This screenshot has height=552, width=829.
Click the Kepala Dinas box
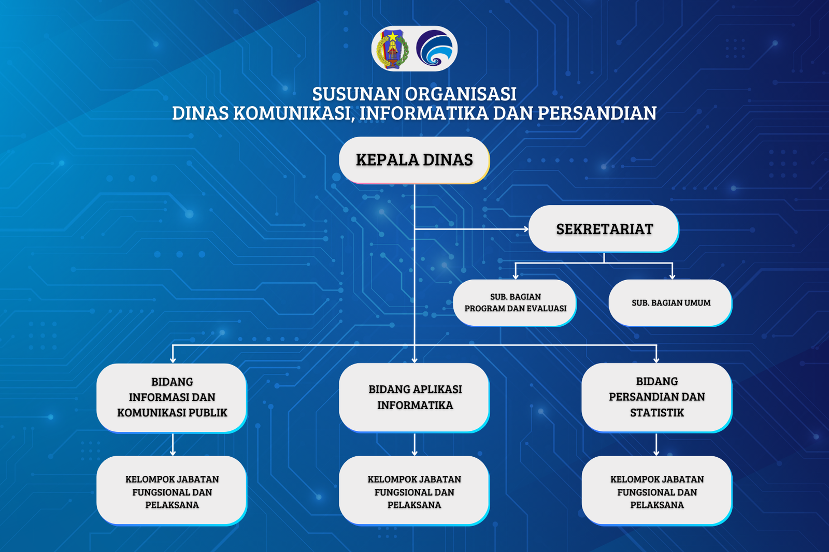[414, 160]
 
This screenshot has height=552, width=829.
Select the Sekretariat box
[604, 229]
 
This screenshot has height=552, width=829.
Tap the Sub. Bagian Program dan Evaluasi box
[515, 302]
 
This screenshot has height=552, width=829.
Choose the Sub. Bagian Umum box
[670, 302]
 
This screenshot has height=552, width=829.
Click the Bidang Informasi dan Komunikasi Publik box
[171, 398]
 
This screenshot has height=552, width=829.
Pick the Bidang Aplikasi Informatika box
[414, 397]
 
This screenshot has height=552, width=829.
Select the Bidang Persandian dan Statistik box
[657, 397]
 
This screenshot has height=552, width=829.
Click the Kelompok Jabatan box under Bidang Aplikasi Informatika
[414, 490]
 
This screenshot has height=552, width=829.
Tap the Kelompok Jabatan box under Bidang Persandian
[657, 490]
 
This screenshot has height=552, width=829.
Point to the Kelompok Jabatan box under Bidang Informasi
[171, 490]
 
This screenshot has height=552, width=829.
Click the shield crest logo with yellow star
[393, 49]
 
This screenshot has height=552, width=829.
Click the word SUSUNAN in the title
[356, 94]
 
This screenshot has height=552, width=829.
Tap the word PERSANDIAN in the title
[597, 113]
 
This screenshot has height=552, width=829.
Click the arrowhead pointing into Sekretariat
[526, 229]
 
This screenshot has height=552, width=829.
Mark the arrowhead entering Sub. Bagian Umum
[672, 277]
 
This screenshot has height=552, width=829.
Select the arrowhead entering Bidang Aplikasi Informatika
[414, 360]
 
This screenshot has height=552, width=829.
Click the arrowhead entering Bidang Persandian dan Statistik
[656, 360]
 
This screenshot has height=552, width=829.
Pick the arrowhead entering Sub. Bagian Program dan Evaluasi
[516, 277]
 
